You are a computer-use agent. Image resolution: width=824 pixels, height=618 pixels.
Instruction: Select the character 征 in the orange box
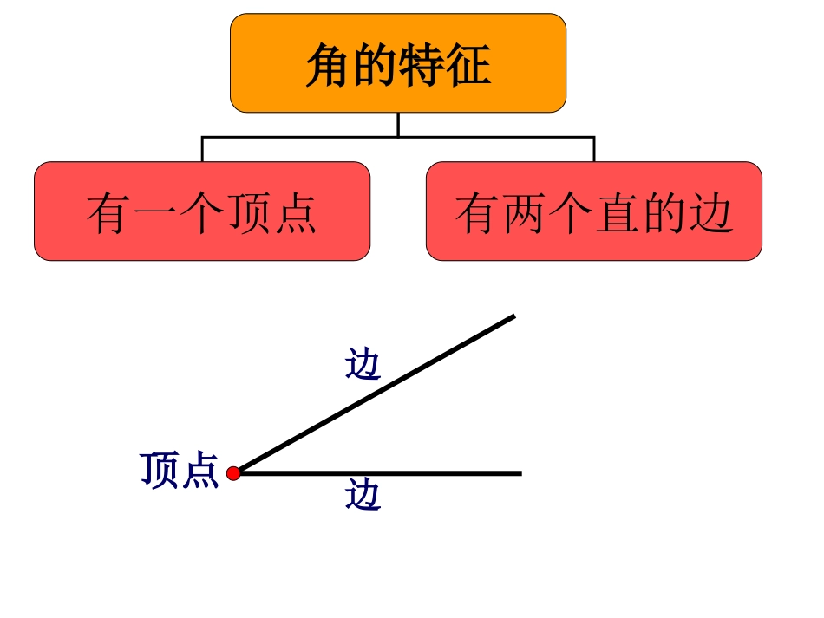pos(468,65)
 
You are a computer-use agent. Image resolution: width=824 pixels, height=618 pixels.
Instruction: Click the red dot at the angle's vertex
pos(233,473)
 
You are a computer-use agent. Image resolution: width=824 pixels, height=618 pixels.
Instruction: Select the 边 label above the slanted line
pos(363,364)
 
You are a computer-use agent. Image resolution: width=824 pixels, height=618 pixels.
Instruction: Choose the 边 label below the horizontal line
pos(363,495)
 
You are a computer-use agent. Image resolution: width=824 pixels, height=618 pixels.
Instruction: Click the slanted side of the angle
pos(375,394)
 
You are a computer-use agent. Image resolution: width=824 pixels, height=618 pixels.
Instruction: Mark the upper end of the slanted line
pos(513,317)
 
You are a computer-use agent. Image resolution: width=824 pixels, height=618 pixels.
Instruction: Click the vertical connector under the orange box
pos(398,124)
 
